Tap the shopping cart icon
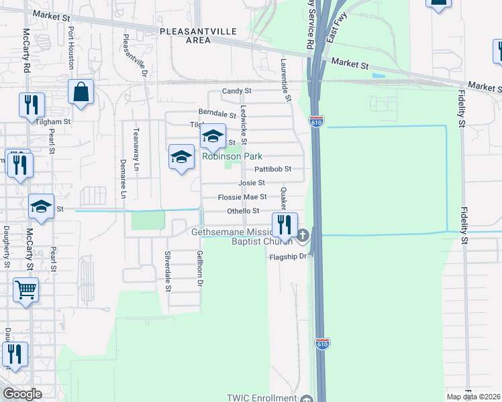[26, 291]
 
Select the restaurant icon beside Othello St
[285, 225]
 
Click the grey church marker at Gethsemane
[303, 235]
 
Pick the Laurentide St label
[286, 80]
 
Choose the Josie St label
[252, 183]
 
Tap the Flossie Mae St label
[242, 197]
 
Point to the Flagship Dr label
[288, 257]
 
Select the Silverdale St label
[168, 271]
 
